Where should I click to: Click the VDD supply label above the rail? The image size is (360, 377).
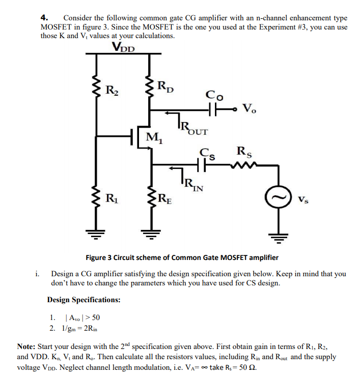click(x=124, y=47)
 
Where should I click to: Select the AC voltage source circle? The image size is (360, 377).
click(x=279, y=197)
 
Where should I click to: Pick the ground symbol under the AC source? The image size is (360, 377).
click(x=279, y=238)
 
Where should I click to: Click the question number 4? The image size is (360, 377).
click(x=44, y=17)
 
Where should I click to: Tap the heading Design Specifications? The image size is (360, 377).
click(x=84, y=300)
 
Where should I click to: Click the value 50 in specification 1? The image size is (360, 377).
click(x=96, y=317)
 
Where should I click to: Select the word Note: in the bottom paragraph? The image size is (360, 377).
click(x=26, y=346)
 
